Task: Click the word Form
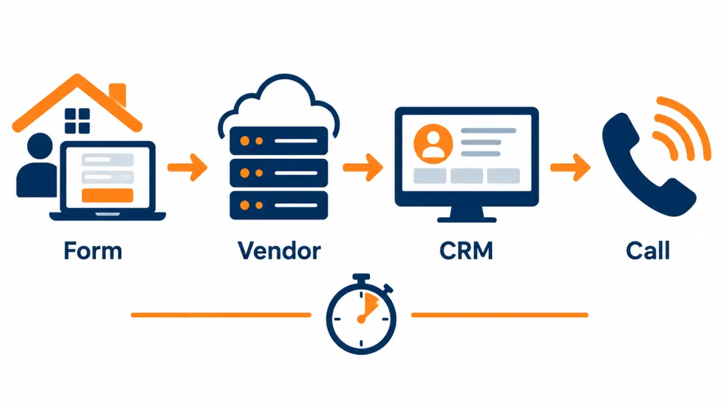pyautogui.click(x=93, y=250)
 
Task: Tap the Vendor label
pyautogui.click(x=279, y=250)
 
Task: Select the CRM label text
pyautogui.click(x=466, y=250)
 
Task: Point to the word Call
pyautogui.click(x=648, y=250)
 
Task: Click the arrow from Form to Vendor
pyautogui.click(x=188, y=167)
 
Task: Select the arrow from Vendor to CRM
pyautogui.click(x=363, y=167)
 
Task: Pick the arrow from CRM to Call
pyautogui.click(x=570, y=167)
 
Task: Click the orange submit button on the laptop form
pyautogui.click(x=108, y=196)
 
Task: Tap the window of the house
pyautogui.click(x=78, y=121)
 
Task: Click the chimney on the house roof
pyautogui.click(x=118, y=94)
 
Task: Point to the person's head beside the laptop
pyautogui.click(x=40, y=146)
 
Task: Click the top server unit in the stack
pyautogui.click(x=279, y=141)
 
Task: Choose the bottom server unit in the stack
pyautogui.click(x=279, y=205)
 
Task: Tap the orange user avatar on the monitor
pyautogui.click(x=433, y=144)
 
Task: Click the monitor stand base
pyautogui.click(x=467, y=220)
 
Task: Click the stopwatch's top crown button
pyautogui.click(x=361, y=277)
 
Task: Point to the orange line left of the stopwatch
pyautogui.click(x=221, y=315)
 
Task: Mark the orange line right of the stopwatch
pyautogui.click(x=500, y=315)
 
